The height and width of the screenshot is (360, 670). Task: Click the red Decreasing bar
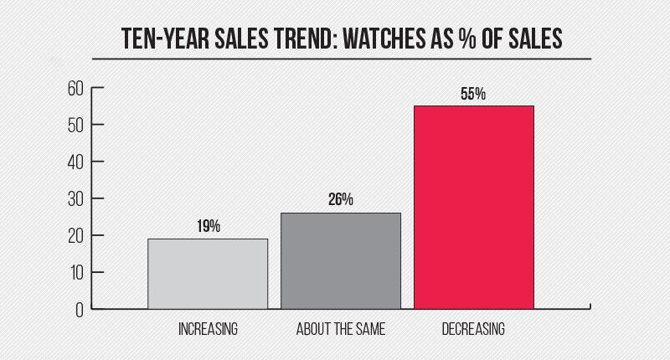coord(473,207)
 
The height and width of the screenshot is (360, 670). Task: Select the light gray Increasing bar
coord(208,274)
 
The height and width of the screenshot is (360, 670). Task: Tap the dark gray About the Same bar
coord(340,260)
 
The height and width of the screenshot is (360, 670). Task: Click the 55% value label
coord(473,94)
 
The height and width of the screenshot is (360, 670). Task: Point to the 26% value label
coord(340,201)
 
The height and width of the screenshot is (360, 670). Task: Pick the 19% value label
coord(208,227)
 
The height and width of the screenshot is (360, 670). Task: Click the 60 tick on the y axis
coord(75,88)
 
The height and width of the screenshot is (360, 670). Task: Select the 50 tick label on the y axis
coord(75,125)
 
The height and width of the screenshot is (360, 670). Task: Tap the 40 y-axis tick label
coord(75,162)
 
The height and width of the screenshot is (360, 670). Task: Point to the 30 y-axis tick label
coord(75,198)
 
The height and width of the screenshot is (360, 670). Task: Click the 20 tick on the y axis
coord(75,236)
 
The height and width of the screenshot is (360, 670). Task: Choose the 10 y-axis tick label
coord(75,273)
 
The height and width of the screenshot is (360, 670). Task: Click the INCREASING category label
coord(208,329)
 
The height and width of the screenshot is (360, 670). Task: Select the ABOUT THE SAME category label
coord(341,329)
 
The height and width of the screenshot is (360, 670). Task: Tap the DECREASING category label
coord(473,329)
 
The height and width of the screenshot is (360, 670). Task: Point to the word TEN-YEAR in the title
coord(162,39)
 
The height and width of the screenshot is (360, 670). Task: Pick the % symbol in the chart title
coord(469,39)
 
